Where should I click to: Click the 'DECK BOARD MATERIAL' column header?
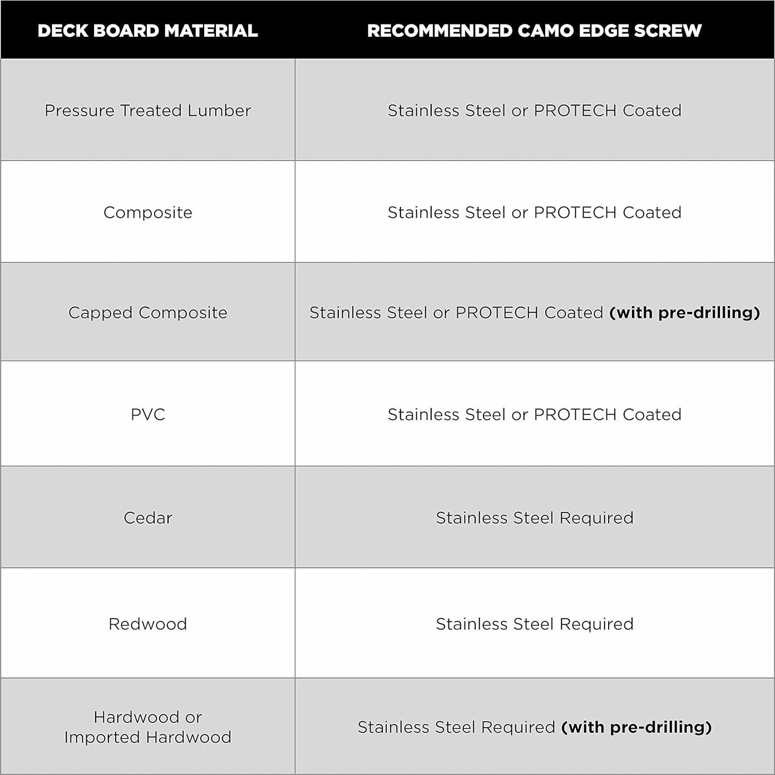pos(147,31)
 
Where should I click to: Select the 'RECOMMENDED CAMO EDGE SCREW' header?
pos(534,31)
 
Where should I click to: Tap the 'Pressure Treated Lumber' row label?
pos(147,111)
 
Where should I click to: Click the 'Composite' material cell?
pos(147,213)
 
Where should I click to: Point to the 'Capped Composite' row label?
pos(147,313)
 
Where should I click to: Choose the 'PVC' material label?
pos(147,414)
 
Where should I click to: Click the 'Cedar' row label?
pos(147,518)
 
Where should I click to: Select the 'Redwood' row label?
pos(147,624)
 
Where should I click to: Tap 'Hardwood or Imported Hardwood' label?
pos(147,727)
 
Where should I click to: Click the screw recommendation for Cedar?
pos(534,518)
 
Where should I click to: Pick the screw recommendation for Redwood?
pos(534,624)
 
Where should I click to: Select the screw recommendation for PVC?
pos(534,414)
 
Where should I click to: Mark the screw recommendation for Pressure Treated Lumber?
pos(534,111)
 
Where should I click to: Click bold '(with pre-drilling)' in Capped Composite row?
pos(684,313)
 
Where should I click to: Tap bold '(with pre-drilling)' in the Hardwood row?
pos(636,727)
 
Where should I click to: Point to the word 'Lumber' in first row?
pos(219,111)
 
